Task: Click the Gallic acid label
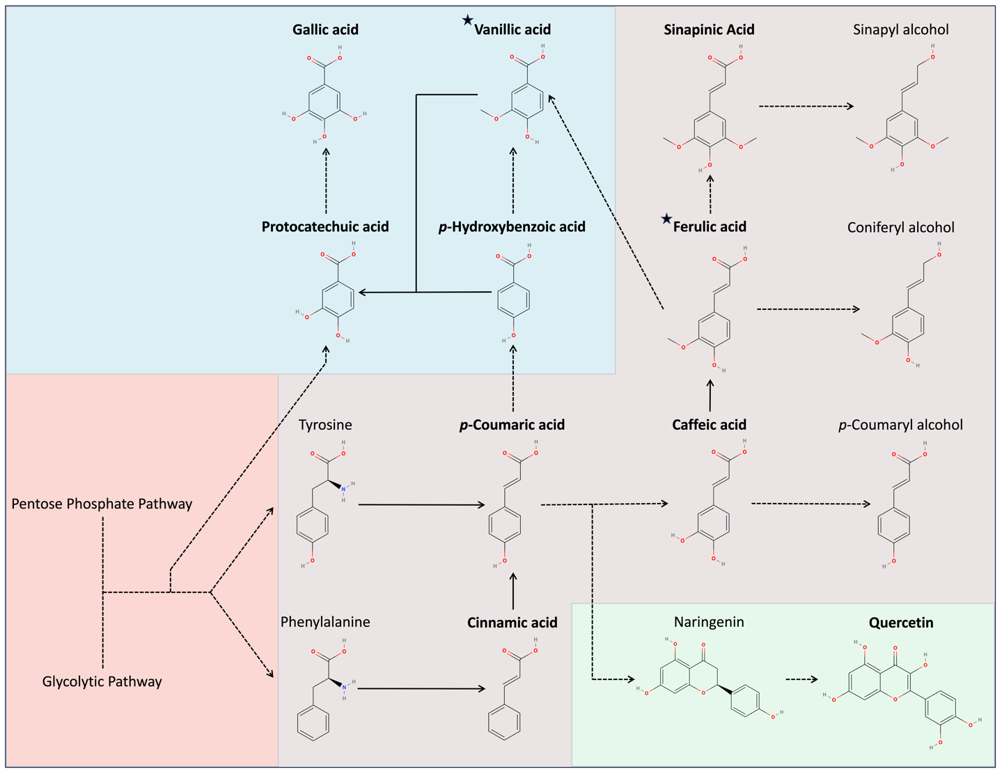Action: pos(325,29)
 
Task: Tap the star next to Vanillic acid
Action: pos(467,20)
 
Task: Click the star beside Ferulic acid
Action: pos(666,219)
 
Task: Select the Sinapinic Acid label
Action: pos(709,29)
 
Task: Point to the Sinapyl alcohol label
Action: pos(900,29)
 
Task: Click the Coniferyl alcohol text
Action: pos(900,227)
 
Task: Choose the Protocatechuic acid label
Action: pos(325,226)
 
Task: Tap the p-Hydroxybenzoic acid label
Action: pos(512,226)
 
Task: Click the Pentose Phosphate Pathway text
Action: pos(102,504)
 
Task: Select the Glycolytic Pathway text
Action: pos(102,681)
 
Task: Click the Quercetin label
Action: pos(900,623)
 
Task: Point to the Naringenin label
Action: pos(709,622)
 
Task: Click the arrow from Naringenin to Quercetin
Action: pos(801,679)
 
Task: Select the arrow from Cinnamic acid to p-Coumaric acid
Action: pos(513,591)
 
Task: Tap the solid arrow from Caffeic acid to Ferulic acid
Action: pos(710,396)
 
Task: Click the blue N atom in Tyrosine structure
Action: pos(343,490)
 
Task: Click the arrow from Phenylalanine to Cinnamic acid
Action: pos(421,688)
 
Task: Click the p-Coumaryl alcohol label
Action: pos(900,425)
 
